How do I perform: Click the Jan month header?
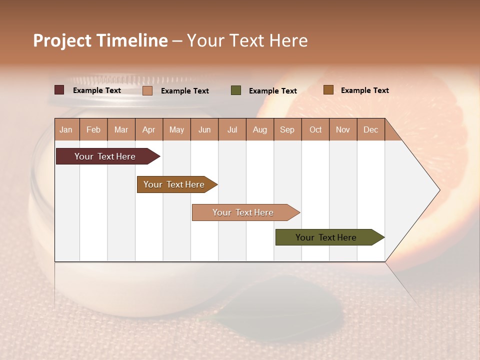click(x=66, y=129)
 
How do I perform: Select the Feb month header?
click(x=93, y=129)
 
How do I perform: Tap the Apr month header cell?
click(x=148, y=129)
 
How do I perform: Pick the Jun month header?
click(x=204, y=129)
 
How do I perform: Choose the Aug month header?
click(x=259, y=129)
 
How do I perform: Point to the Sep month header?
click(x=287, y=129)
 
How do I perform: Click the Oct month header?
click(x=315, y=129)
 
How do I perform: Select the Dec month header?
click(x=370, y=129)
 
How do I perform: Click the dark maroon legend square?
click(x=59, y=90)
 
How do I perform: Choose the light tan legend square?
click(x=147, y=90)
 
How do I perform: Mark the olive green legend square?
click(x=236, y=90)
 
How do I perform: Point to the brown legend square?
click(x=328, y=90)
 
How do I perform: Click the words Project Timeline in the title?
click(x=100, y=40)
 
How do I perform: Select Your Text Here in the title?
click(x=247, y=40)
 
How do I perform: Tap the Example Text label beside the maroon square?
click(x=97, y=90)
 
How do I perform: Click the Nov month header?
click(x=343, y=129)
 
